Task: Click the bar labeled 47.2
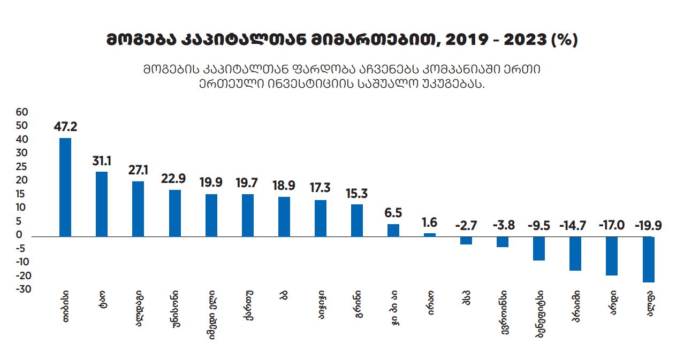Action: (65, 187)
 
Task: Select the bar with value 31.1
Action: (102, 204)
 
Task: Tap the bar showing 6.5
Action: (393, 230)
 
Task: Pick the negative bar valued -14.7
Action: (575, 253)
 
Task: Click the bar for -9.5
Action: (539, 248)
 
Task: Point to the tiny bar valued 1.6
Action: (430, 234)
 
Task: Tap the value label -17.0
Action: (612, 225)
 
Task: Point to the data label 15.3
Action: (357, 193)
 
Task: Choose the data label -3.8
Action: (503, 225)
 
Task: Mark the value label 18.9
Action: (284, 186)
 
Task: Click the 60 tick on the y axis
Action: (22, 112)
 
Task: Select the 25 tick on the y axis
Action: (22, 166)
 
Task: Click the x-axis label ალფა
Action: (649, 306)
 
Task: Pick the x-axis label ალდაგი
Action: (138, 312)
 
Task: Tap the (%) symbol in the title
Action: (564, 41)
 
